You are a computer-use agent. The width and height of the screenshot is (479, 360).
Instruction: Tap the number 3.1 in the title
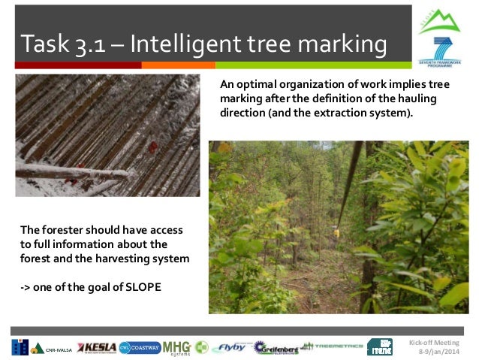click(x=89, y=44)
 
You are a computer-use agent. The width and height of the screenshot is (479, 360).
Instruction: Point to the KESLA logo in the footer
click(x=97, y=347)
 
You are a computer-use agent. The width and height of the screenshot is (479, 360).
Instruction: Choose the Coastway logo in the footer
click(x=139, y=347)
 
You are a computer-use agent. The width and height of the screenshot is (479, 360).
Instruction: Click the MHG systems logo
click(x=177, y=347)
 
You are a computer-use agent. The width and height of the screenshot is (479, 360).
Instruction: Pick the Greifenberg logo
click(x=274, y=347)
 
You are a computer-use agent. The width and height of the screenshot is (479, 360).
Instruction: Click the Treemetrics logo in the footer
click(x=330, y=347)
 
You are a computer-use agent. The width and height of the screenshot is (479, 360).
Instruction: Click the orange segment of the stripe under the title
click(x=169, y=65)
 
